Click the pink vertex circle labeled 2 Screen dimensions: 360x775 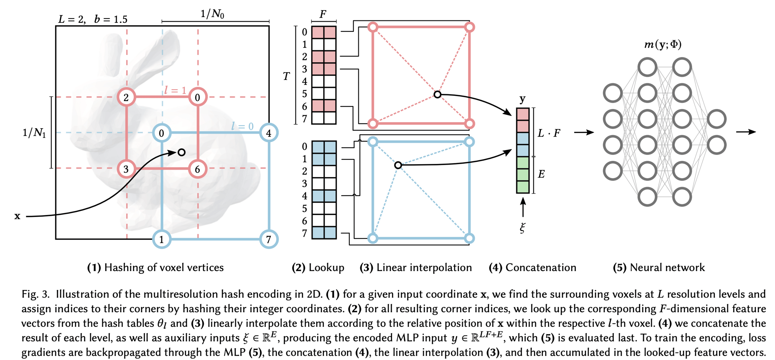click(126, 97)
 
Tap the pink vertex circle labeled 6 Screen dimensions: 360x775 click(197, 169)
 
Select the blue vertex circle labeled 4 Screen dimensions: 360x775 click(269, 133)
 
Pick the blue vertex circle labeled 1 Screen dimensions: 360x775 click(162, 239)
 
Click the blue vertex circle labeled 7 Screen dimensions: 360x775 click(269, 239)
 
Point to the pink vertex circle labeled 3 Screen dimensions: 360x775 click(126, 169)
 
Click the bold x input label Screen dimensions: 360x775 click(17, 216)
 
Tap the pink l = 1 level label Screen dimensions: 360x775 click(175, 90)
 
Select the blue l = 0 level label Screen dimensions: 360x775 click(242, 126)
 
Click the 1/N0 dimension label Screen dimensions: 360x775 click(212, 14)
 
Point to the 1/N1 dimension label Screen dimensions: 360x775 click(34, 133)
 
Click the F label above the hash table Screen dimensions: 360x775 click(323, 14)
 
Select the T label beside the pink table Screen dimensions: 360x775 click(286, 76)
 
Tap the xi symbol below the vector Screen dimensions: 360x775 click(522, 228)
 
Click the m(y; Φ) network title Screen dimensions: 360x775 click(663, 45)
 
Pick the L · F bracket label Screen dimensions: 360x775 click(549, 133)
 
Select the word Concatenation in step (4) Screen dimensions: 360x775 click(541, 267)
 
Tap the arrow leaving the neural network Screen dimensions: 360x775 click(746, 132)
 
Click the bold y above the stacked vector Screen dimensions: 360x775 click(522, 99)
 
